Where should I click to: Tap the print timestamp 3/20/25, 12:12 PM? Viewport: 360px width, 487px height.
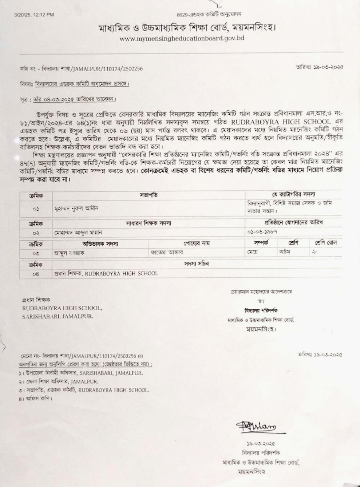coord(34,15)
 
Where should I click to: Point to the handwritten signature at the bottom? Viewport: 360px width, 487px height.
coord(255,427)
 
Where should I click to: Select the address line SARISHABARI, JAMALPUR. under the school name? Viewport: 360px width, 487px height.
coord(58,316)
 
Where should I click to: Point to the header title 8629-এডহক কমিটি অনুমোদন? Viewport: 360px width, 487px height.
coord(209,15)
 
